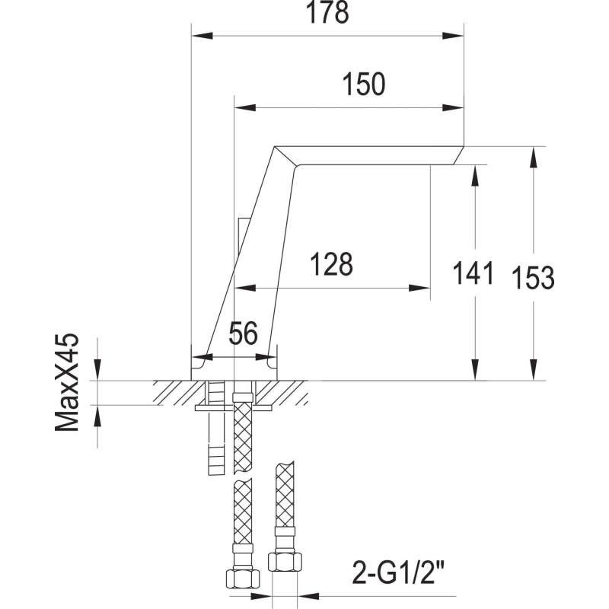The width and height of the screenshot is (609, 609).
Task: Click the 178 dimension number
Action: click(327, 12)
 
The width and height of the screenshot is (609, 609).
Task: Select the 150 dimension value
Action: click(364, 84)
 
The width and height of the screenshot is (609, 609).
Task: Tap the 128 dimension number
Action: click(331, 264)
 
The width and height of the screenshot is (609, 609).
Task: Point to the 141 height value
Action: click(473, 273)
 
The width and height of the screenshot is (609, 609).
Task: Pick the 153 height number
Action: click(534, 277)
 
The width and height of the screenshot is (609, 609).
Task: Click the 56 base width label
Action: click(243, 333)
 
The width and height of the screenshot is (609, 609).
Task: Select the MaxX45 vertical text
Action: click(67, 382)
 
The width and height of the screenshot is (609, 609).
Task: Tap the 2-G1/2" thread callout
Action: click(398, 572)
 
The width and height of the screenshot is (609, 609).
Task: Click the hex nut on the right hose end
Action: click(285, 562)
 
